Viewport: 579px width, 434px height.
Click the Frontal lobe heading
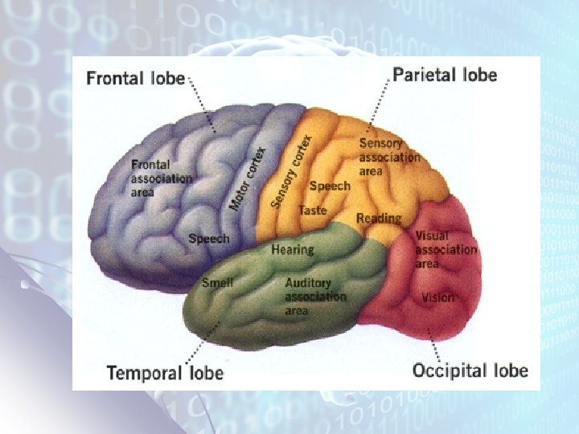pyautogui.click(x=136, y=79)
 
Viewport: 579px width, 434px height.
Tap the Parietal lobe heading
pyautogui.click(x=445, y=75)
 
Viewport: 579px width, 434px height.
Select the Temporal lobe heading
pyautogui.click(x=165, y=372)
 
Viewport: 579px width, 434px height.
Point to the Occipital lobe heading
pyautogui.click(x=470, y=370)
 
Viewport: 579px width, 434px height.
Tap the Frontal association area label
pyautogui.click(x=161, y=178)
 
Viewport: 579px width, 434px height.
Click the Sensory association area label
pyautogui.click(x=389, y=157)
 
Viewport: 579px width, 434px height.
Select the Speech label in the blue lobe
pyautogui.click(x=208, y=239)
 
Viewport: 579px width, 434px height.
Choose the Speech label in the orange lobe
pyautogui.click(x=330, y=186)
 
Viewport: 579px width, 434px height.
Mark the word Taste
pyautogui.click(x=313, y=210)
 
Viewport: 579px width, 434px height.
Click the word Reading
pyautogui.click(x=379, y=218)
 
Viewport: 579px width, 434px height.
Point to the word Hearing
pyautogui.click(x=292, y=249)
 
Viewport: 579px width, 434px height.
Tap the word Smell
pyautogui.click(x=217, y=282)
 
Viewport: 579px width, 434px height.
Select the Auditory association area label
pyautogui.click(x=315, y=297)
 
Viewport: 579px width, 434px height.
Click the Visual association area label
pyautogui.click(x=446, y=250)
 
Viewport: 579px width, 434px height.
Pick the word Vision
pyautogui.click(x=437, y=297)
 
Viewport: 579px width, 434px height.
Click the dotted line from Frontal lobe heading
pyautogui.click(x=202, y=104)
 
